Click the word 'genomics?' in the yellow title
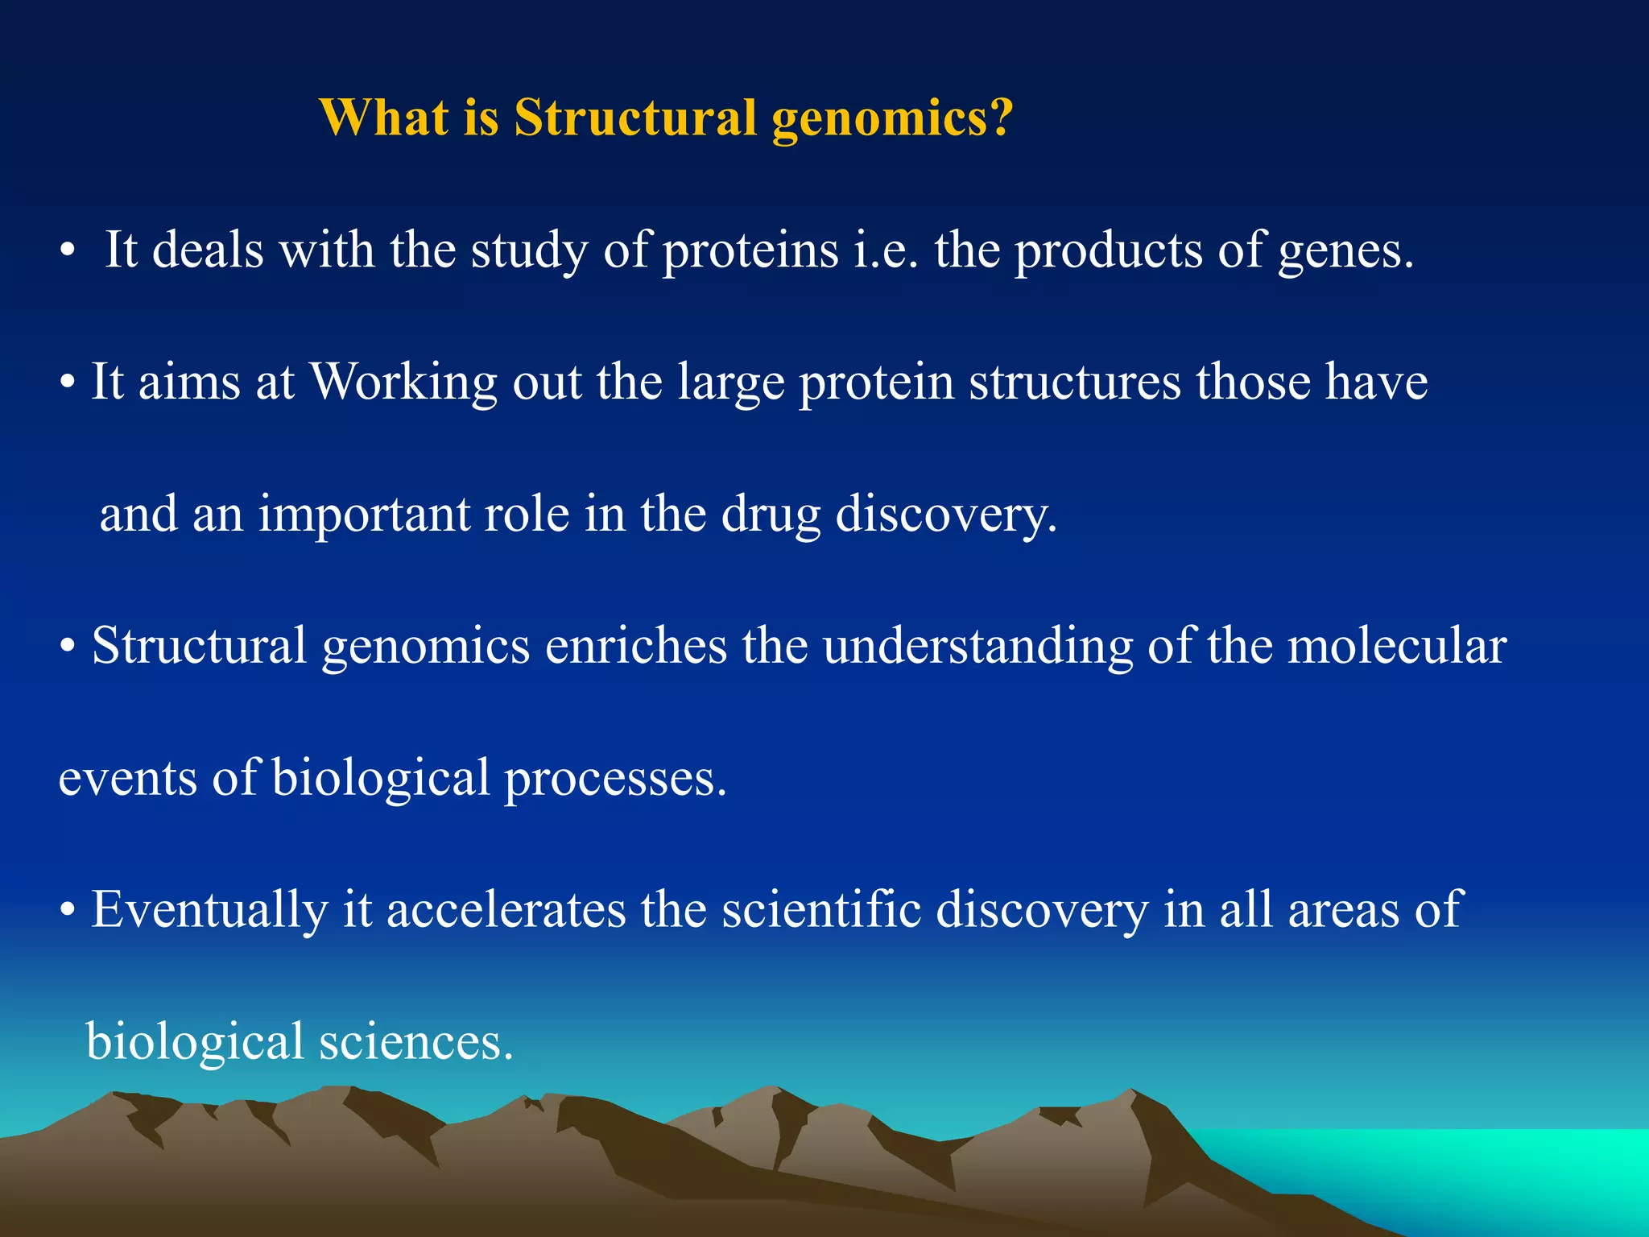pyautogui.click(x=891, y=119)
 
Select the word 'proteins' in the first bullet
pyautogui.click(x=750, y=250)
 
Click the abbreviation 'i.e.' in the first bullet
pyautogui.click(x=885, y=250)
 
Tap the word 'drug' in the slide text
pyautogui.click(x=771, y=515)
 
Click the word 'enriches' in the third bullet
pyautogui.click(x=636, y=646)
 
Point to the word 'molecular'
pyautogui.click(x=1397, y=646)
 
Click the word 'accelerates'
pyautogui.click(x=506, y=910)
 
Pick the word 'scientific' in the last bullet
pyautogui.click(x=821, y=910)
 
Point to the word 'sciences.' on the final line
pyautogui.click(x=415, y=1042)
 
